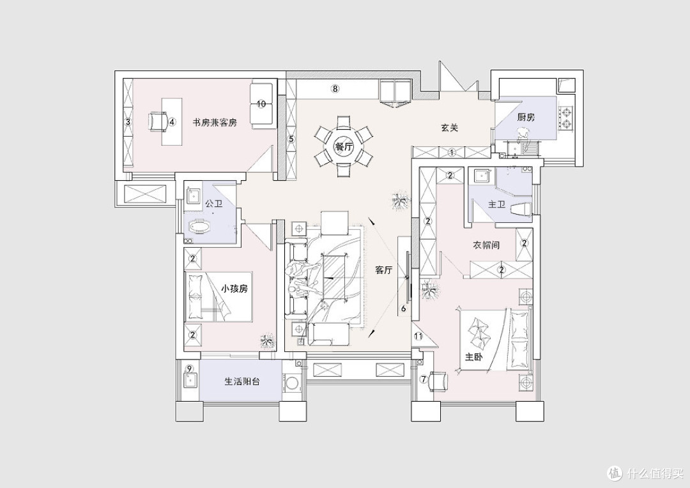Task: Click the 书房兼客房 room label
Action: tap(215, 123)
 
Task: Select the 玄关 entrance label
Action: tap(450, 128)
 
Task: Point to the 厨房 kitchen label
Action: tap(526, 117)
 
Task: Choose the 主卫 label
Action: tap(497, 204)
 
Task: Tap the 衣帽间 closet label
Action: tap(486, 245)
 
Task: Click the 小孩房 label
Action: tap(234, 289)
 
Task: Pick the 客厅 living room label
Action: tap(384, 270)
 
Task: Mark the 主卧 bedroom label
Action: tap(474, 356)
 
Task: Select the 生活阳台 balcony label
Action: tap(242, 381)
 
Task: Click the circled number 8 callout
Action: tap(335, 88)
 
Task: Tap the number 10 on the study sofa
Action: tap(261, 104)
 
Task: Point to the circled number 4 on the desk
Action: tap(172, 122)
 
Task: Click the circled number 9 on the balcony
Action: tap(190, 369)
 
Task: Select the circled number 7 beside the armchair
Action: tap(424, 379)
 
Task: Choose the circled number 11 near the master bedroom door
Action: tap(418, 337)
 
